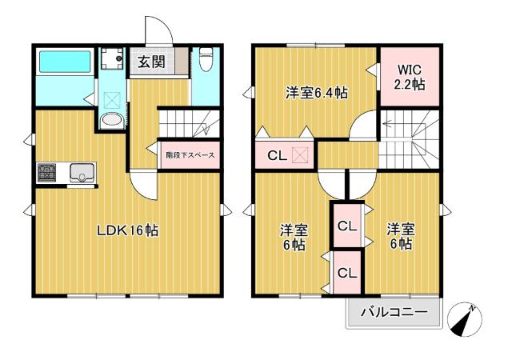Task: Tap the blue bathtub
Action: coord(65,61)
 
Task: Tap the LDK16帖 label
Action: coord(127,231)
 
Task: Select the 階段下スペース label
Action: coord(189,155)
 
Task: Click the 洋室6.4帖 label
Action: coord(317,93)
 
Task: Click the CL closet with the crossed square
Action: coord(285,155)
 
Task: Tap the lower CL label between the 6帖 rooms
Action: coord(346,273)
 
